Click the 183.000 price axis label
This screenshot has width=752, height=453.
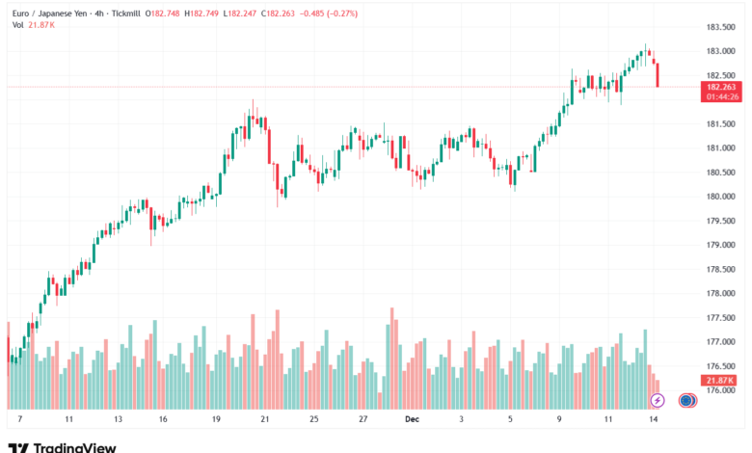tap(722, 51)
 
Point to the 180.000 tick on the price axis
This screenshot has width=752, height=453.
tap(722, 197)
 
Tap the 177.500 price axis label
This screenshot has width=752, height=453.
tap(722, 318)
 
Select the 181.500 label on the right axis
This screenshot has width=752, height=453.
tap(722, 124)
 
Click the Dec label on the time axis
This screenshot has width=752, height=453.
tap(412, 420)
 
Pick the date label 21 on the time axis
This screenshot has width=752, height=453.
tap(263, 420)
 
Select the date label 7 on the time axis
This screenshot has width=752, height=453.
tap(19, 420)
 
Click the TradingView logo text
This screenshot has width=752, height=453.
tap(74, 447)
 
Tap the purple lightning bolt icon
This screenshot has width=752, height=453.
tap(658, 399)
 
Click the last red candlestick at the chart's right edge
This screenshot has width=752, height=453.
tap(657, 74)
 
